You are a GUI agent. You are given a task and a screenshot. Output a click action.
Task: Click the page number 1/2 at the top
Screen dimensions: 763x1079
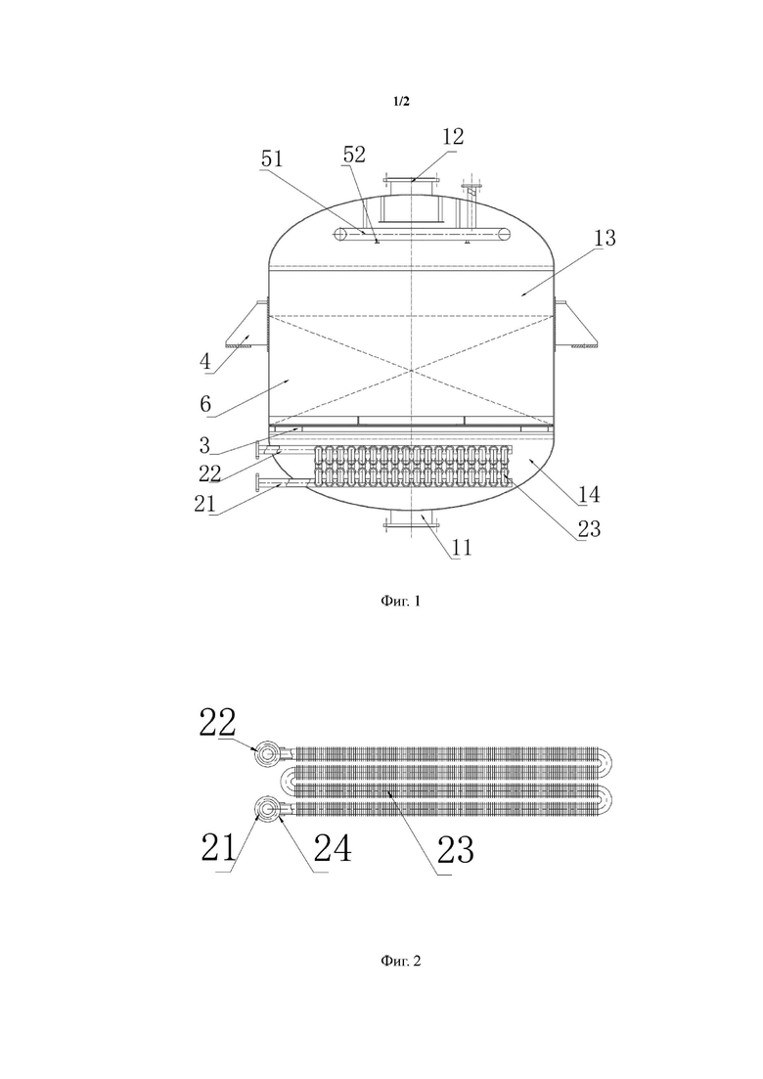click(401, 102)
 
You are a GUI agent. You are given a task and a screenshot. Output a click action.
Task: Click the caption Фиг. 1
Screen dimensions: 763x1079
click(400, 602)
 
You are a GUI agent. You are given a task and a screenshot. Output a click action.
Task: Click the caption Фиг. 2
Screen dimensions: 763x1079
click(400, 961)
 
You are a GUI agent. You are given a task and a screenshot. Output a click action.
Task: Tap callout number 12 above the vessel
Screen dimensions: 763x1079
click(453, 136)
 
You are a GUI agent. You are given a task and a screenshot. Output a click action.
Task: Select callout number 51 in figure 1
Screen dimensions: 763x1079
click(272, 158)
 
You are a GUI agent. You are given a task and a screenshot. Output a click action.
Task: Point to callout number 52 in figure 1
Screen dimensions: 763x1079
click(354, 155)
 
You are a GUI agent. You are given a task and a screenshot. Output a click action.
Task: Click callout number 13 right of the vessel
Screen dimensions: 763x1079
click(605, 238)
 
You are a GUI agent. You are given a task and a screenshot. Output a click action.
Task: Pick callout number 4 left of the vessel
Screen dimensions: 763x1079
click(205, 361)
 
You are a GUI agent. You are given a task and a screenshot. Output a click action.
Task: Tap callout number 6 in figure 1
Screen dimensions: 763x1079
click(205, 404)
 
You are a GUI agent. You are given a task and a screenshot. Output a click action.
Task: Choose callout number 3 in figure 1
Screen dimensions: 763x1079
click(204, 445)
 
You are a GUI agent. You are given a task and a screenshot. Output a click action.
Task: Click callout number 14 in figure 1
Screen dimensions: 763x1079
click(589, 494)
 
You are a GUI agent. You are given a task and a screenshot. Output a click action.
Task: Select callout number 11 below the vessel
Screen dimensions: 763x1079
click(462, 547)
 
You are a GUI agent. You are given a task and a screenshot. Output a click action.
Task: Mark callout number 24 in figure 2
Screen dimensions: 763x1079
click(333, 848)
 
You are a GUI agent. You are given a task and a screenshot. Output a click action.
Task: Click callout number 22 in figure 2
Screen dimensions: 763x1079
click(217, 723)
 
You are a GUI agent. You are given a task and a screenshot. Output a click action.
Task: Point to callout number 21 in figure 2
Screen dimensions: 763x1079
click(219, 848)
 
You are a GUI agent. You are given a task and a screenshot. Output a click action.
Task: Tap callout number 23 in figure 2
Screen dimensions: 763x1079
click(456, 850)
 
